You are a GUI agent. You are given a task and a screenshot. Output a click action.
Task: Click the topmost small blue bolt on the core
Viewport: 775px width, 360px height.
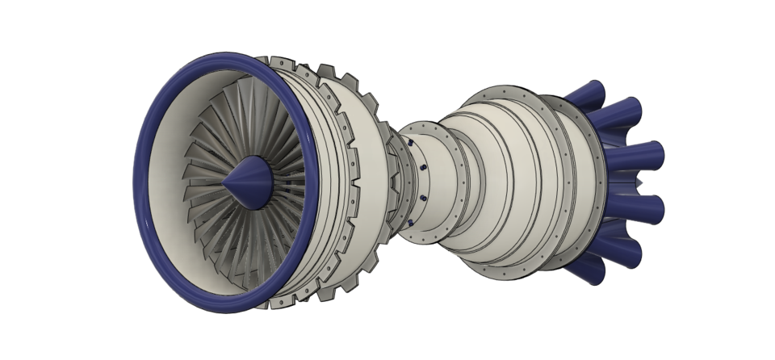[x=411, y=142]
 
